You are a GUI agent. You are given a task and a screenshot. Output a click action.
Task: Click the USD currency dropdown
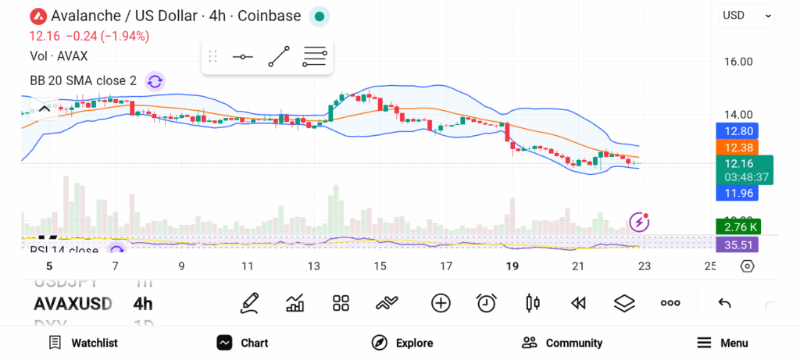coord(747,15)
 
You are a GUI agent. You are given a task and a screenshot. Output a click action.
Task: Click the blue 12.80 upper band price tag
coord(737,131)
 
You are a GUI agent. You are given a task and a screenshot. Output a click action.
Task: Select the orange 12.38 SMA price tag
coord(737,147)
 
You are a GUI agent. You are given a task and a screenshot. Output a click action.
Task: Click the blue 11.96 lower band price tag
coord(737,192)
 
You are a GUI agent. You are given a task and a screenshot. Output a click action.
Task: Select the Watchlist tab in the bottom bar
coord(83,343)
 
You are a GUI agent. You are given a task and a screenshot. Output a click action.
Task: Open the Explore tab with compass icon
coord(402,343)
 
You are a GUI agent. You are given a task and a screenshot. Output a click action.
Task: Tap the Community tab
coord(562,343)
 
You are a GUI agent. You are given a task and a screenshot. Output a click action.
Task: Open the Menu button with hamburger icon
coord(722,343)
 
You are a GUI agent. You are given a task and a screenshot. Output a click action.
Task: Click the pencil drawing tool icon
coord(249,303)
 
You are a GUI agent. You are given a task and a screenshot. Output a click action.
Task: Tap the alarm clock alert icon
coord(487,303)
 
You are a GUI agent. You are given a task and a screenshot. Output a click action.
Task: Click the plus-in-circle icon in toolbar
coord(441,303)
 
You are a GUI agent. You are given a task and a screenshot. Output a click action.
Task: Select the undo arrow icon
coord(724,303)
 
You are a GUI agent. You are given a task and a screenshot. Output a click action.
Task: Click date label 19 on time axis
coord(512,266)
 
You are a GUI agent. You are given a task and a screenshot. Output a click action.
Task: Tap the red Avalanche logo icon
coord(37,16)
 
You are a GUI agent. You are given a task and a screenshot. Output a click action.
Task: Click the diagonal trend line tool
coord(278,57)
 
